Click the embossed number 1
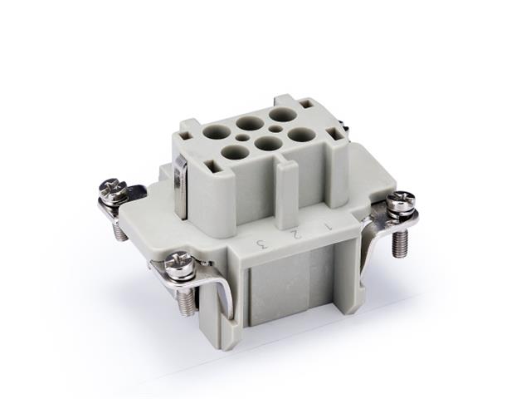(x=328, y=224)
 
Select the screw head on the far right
(x=402, y=200)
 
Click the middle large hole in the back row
(x=250, y=123)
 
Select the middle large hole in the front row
(x=269, y=143)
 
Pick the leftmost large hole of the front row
(x=236, y=152)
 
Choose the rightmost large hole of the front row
(x=301, y=134)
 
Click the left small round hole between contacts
(x=242, y=138)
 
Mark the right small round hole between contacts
(x=275, y=129)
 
